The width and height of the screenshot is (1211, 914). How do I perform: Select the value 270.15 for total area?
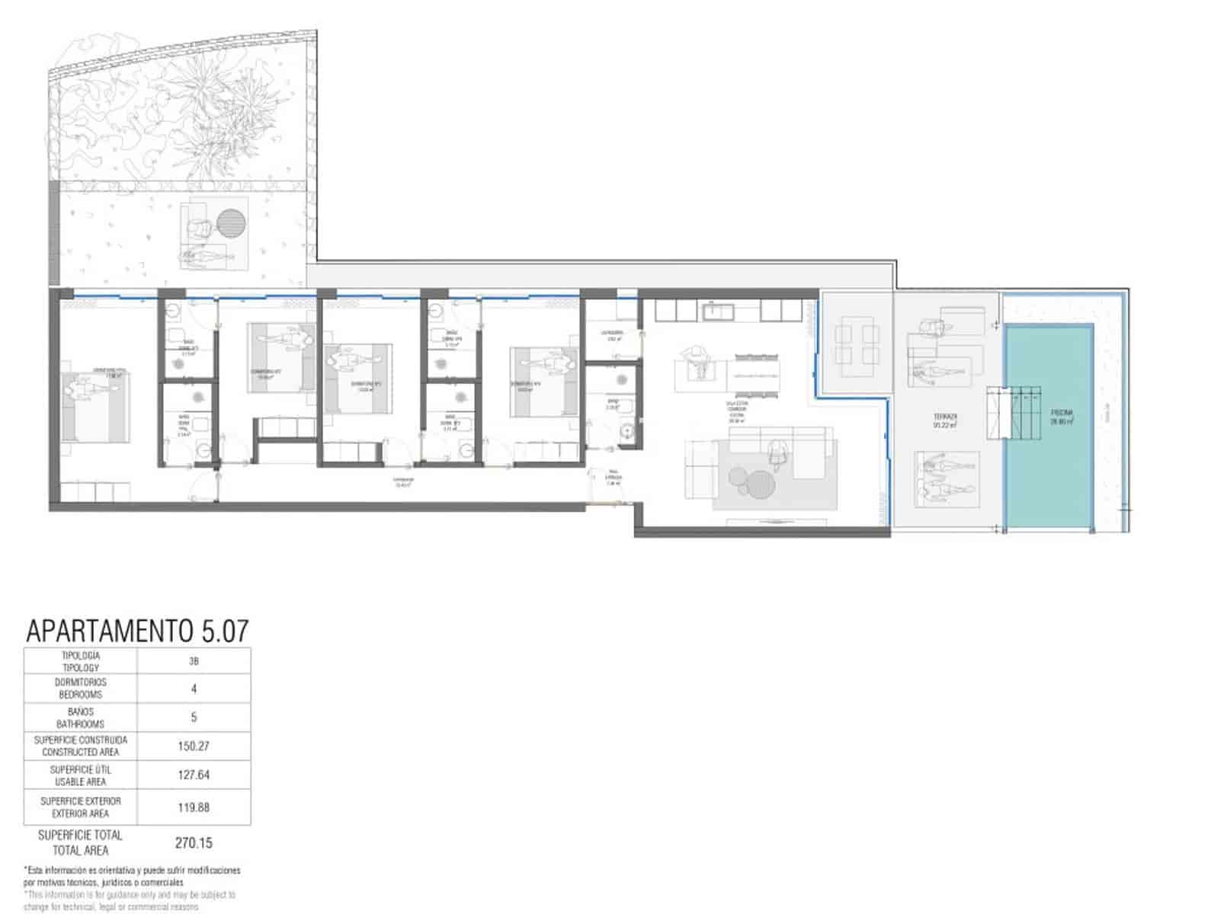click(194, 842)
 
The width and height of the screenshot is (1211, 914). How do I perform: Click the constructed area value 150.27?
click(194, 746)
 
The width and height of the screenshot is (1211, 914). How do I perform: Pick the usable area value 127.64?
click(194, 775)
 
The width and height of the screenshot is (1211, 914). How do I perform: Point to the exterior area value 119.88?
click(194, 807)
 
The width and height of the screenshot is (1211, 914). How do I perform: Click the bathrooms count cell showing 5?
click(194, 717)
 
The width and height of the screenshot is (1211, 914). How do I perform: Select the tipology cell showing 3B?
click(194, 661)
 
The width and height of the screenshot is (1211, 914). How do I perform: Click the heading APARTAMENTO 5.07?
click(137, 631)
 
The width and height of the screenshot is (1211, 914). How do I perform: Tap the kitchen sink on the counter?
click(712, 310)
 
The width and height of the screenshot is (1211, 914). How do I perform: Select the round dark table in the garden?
click(232, 222)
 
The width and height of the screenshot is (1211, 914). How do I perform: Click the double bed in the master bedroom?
click(95, 406)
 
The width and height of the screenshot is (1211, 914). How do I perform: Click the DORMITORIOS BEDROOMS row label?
click(82, 689)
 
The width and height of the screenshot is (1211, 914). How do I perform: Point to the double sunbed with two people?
click(945, 478)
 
